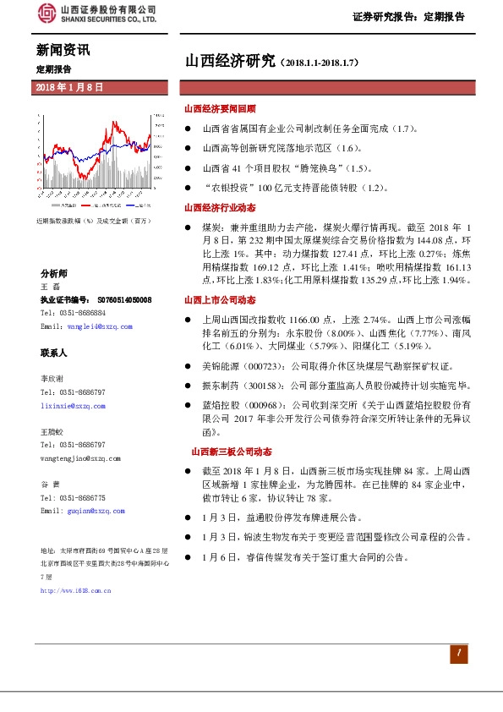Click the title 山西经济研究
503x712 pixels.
230,60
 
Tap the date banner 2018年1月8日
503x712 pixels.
70,88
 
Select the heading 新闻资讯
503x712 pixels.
62,51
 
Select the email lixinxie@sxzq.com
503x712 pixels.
74,406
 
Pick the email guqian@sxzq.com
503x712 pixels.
82,512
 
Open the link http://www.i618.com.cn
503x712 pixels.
76,590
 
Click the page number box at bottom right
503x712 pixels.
457,653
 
